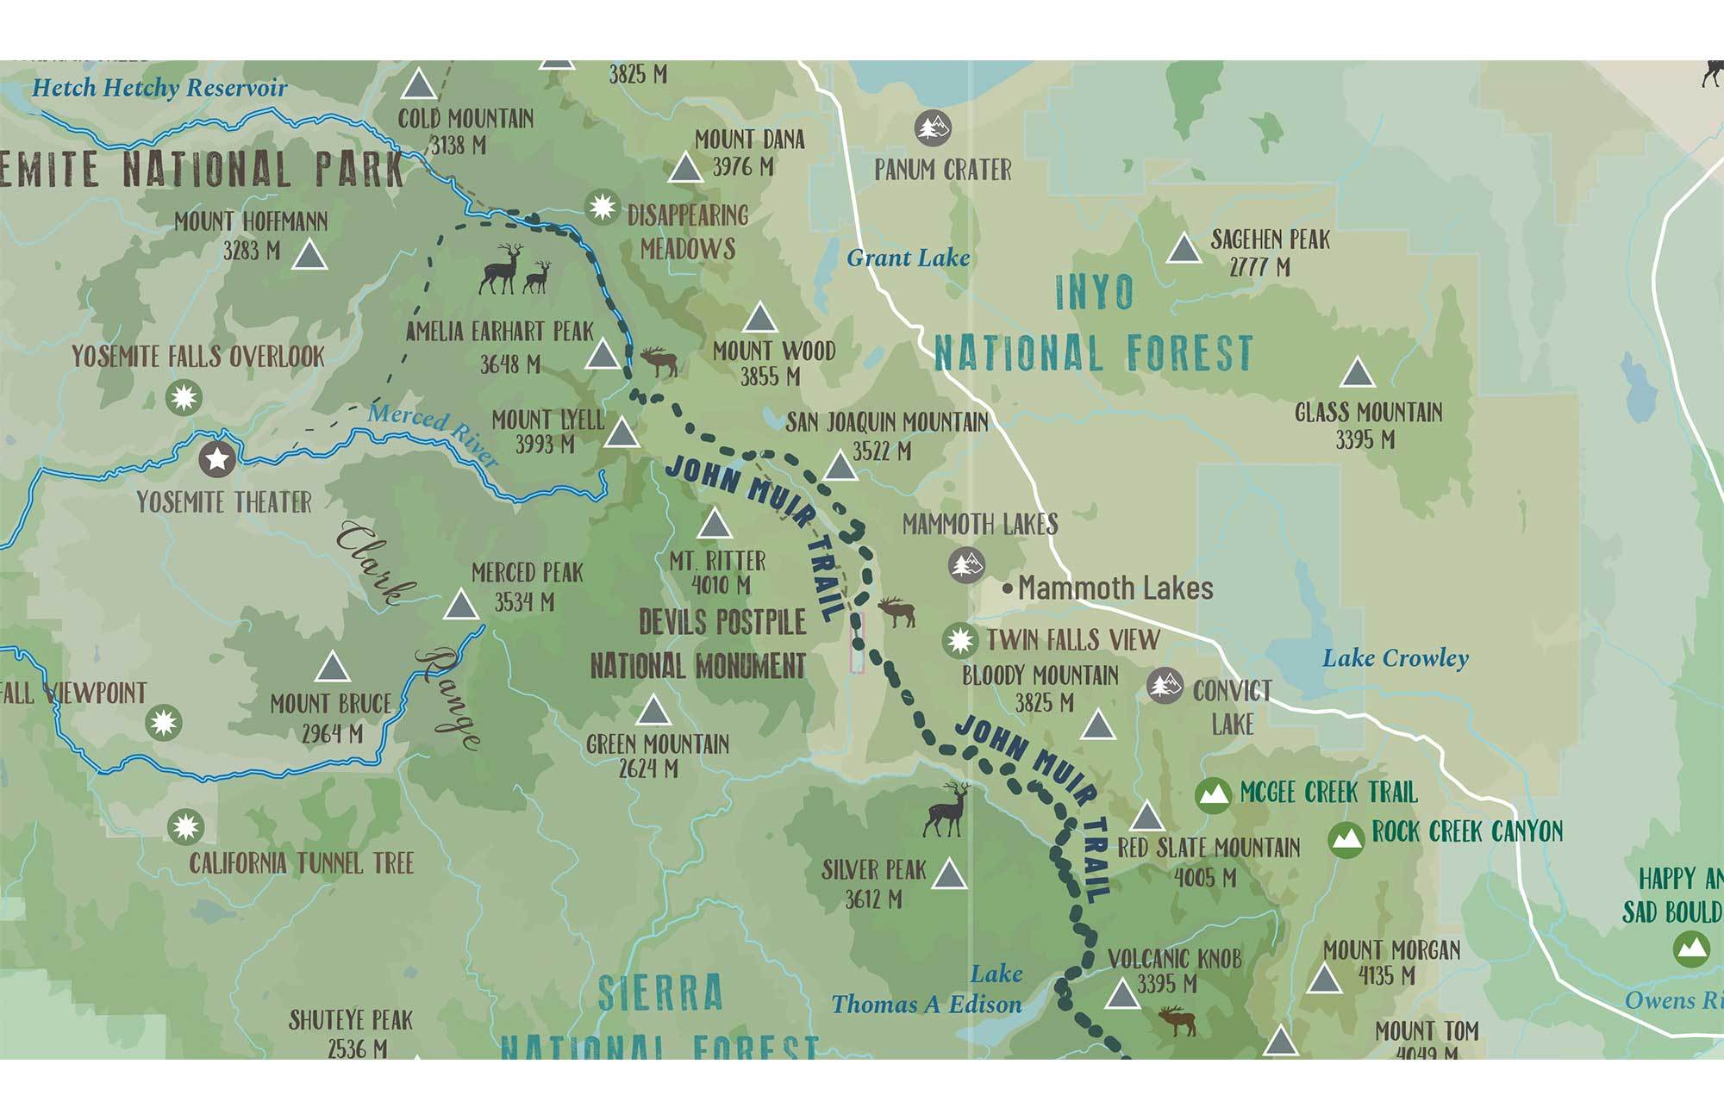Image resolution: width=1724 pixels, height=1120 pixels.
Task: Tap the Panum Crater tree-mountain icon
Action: (933, 128)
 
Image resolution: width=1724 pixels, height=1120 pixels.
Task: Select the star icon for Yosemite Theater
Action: (217, 459)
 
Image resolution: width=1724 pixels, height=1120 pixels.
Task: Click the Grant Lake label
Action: (908, 258)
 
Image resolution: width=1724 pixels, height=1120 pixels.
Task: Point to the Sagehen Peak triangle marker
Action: (1184, 249)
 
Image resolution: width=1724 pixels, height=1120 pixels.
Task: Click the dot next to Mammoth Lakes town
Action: (1007, 589)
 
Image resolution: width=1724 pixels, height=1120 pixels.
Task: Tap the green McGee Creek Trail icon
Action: (1213, 795)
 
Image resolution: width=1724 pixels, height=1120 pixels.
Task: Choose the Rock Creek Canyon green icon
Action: (1346, 837)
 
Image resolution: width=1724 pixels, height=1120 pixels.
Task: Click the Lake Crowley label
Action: (1395, 659)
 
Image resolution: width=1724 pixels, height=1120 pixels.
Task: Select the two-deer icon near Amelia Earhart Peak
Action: (515, 269)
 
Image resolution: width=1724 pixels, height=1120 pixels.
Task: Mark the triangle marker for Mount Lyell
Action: (622, 433)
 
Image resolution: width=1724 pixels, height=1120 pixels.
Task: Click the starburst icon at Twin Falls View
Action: (959, 641)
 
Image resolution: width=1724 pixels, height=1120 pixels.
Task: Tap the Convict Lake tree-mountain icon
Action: (1165, 686)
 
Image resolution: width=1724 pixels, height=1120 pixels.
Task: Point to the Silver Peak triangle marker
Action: (949, 874)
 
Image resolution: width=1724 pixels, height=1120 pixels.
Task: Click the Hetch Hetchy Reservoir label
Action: (159, 88)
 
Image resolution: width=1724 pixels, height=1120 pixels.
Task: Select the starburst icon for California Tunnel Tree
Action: (184, 827)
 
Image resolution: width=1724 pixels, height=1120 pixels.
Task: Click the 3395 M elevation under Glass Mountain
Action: (1365, 440)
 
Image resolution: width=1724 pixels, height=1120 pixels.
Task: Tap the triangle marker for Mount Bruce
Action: (332, 668)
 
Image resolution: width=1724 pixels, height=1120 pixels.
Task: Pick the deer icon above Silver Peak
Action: (946, 810)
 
